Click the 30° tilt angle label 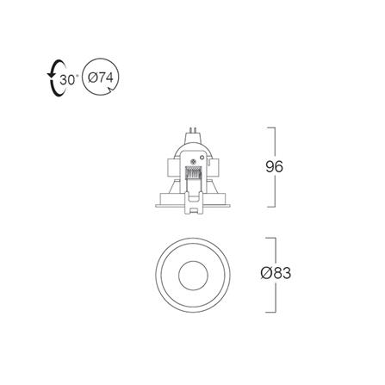coord(69,80)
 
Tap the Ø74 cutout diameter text coord(101,78)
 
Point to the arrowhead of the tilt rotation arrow coord(51,75)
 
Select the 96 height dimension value coord(274,167)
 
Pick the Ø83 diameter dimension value coord(276,273)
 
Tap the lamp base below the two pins coord(193,138)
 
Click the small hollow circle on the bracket coord(202,158)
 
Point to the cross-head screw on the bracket coord(193,162)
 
